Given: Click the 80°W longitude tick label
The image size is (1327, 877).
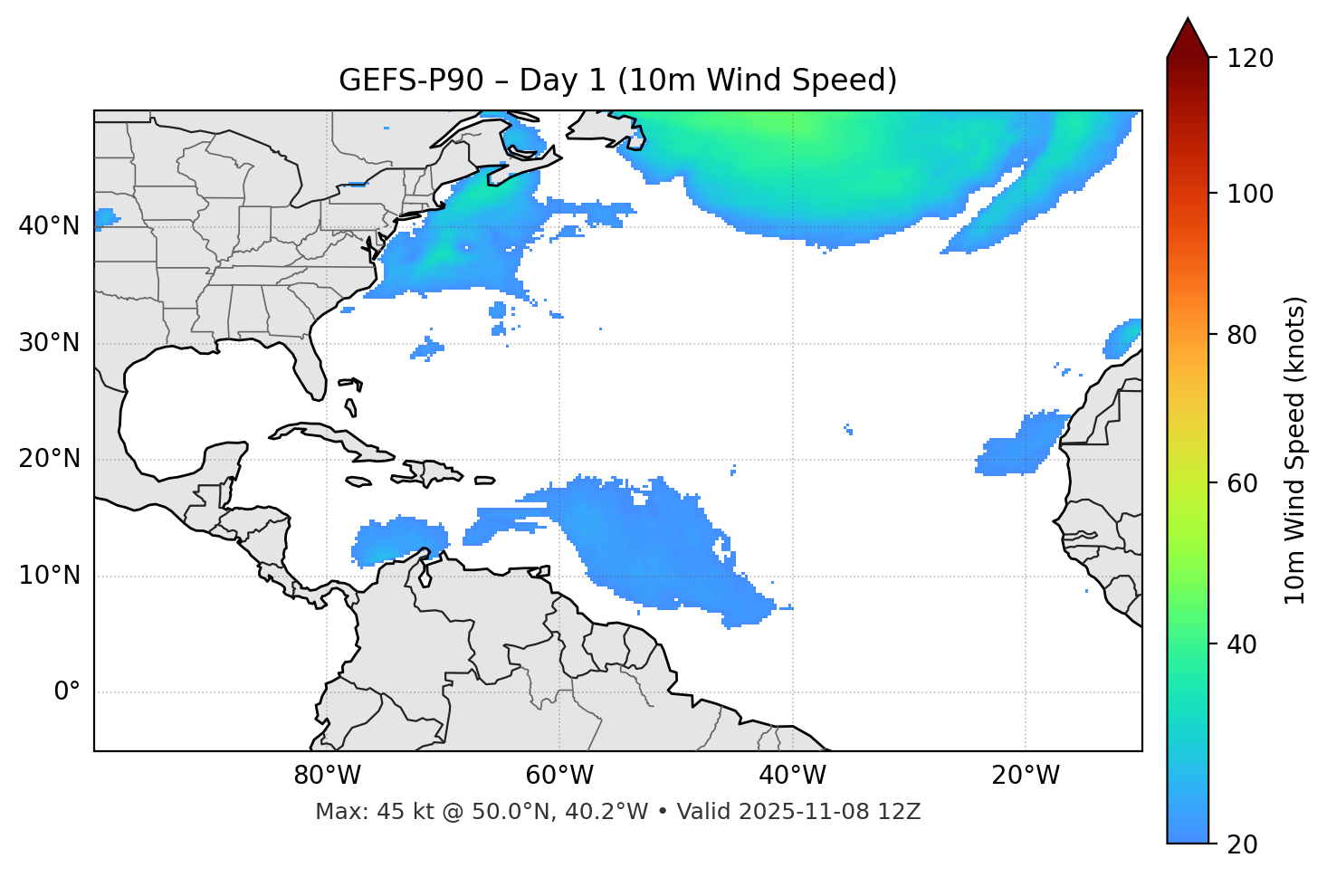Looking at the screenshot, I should click(327, 776).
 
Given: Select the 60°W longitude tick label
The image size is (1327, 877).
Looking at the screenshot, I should click(559, 776).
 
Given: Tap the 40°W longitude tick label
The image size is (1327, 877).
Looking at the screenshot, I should click(792, 776).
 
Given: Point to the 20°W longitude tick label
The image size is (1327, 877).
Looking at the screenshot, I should click(1025, 776).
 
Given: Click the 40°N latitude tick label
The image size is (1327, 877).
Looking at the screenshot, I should click(49, 226).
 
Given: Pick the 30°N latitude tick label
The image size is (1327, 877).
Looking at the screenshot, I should click(49, 343).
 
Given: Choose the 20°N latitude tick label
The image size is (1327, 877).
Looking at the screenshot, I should click(49, 459).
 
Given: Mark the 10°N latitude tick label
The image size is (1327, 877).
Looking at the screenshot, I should click(49, 576).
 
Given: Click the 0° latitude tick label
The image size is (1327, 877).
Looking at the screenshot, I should click(67, 692).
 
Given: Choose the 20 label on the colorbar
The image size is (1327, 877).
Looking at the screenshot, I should click(1242, 844).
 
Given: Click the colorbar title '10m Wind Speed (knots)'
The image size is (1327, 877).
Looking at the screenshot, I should click(1295, 450).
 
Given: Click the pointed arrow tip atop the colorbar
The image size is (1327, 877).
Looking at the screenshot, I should click(1188, 22).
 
